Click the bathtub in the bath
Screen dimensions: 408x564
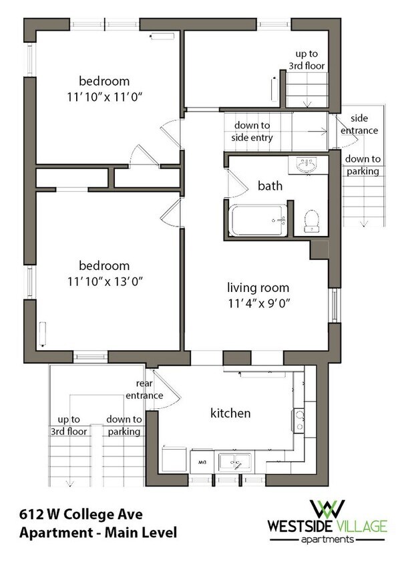258,221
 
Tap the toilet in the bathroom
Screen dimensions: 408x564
312,221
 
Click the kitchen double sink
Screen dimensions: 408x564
235,462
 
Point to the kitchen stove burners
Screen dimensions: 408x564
299,420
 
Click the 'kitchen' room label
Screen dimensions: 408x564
230,413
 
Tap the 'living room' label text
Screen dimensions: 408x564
258,287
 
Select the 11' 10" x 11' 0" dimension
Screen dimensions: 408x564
105,97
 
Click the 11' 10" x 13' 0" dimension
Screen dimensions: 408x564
105,281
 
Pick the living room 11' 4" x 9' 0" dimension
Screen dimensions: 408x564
259,303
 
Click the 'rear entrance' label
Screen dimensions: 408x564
144,390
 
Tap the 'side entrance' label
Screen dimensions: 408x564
359,124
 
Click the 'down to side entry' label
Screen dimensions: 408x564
252,131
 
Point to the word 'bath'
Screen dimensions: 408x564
270,186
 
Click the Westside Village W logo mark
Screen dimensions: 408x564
327,509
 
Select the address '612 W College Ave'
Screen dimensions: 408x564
81,514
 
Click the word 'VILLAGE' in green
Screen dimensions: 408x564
360,526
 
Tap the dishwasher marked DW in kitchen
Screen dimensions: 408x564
202,462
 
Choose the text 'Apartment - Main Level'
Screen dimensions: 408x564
98,533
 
